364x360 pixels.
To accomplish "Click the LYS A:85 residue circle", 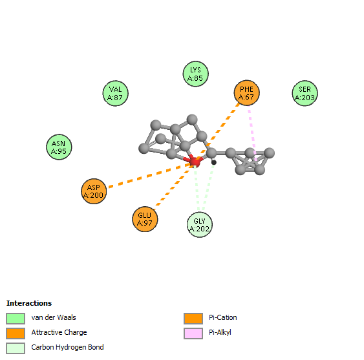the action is (x=195, y=74).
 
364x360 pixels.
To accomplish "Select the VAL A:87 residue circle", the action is (x=115, y=93).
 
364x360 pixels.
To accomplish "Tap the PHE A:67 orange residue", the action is (x=246, y=93).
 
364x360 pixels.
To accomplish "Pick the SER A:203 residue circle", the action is (x=305, y=93).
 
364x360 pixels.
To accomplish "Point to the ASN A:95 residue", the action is (x=59, y=147).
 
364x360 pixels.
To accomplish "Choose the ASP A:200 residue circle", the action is (x=94, y=191).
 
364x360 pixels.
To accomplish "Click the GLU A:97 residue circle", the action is (x=145, y=219).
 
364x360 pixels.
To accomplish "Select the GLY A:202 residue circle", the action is (x=200, y=224).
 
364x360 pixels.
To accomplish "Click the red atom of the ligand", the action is (x=195, y=162).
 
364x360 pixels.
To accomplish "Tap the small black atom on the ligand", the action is (x=214, y=162).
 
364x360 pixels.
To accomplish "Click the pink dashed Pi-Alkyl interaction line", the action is (x=253, y=135).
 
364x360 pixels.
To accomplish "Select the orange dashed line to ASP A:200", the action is (x=150, y=175).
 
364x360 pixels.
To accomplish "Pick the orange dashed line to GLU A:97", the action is (x=174, y=185).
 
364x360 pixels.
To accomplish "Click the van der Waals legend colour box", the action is (x=16, y=318).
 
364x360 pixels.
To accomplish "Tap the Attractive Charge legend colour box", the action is (x=16, y=333).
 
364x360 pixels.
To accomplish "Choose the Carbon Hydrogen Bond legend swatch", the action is (x=16, y=348).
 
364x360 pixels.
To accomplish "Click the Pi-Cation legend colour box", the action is (x=193, y=318).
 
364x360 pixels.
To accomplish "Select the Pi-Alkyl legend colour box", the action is (x=193, y=333).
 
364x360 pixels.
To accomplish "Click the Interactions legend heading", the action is (x=29, y=303).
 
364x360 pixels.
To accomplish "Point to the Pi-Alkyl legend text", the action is (x=220, y=332).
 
